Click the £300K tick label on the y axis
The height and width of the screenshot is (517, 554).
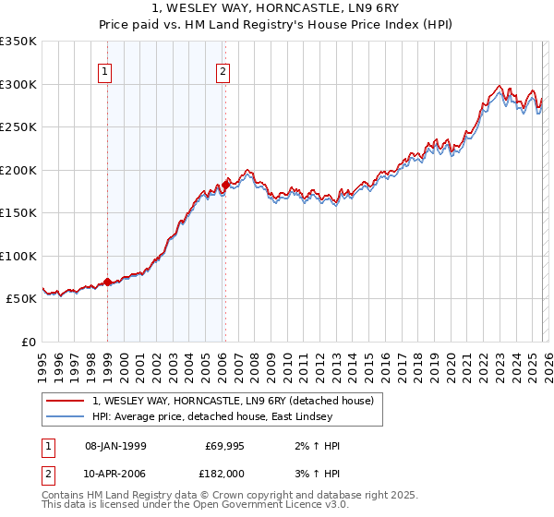coord(18,84)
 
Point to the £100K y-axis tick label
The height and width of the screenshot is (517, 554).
coord(18,256)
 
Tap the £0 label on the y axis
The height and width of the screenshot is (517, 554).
coord(28,342)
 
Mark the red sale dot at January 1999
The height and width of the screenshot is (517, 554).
coord(108,282)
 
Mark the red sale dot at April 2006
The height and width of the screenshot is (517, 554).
coord(225,186)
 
